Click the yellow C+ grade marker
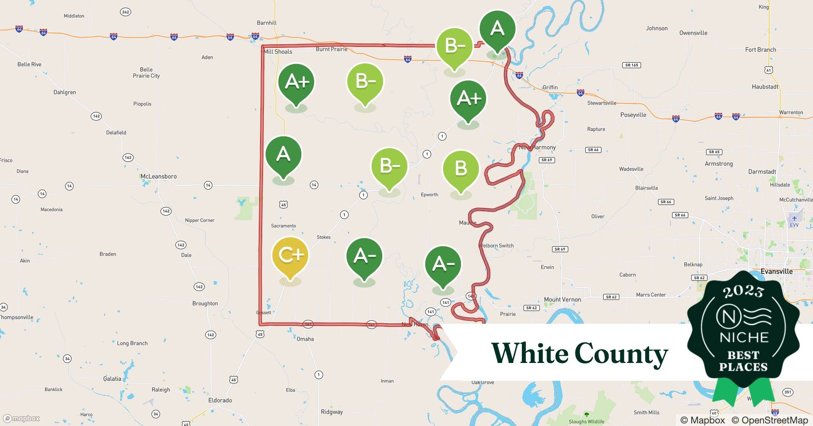pyautogui.click(x=290, y=255)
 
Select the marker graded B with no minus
pyautogui.click(x=461, y=169)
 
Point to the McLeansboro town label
pyautogui.click(x=158, y=176)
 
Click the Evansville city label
pyautogui.click(x=776, y=271)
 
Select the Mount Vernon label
pyautogui.click(x=562, y=299)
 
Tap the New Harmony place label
pyautogui.click(x=537, y=147)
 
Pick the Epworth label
pyautogui.click(x=429, y=195)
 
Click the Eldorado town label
pyautogui.click(x=220, y=400)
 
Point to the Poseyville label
pyautogui.click(x=633, y=115)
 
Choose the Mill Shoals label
pyautogui.click(x=278, y=52)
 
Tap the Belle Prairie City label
pyautogui.click(x=146, y=72)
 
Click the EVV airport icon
pyautogui.click(x=794, y=218)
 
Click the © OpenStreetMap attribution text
pyautogui.click(x=770, y=420)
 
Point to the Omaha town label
pyautogui.click(x=305, y=339)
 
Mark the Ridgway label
pyautogui.click(x=332, y=412)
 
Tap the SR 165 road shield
pyautogui.click(x=632, y=65)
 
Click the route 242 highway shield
pyautogui.click(x=125, y=12)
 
